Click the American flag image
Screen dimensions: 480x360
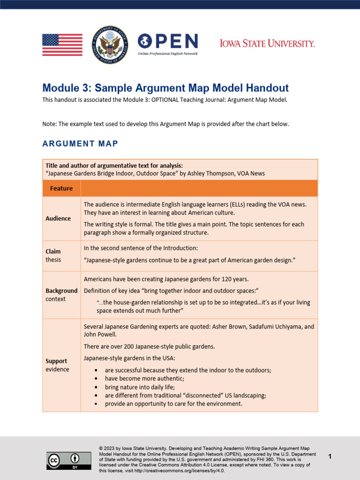(62, 45)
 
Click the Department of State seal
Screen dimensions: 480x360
(110, 45)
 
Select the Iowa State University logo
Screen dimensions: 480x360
(267, 44)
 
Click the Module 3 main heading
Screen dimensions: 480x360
(165, 88)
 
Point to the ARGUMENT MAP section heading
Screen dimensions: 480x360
(80, 143)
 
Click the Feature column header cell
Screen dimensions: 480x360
(61, 188)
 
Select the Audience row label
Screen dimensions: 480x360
(58, 218)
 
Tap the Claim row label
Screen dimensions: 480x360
(53, 251)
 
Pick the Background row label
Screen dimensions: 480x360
(61, 291)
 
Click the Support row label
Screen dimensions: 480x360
(56, 361)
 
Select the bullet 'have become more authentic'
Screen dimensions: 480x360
(144, 378)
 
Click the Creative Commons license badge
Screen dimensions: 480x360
(62, 460)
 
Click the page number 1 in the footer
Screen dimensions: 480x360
(330, 456)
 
